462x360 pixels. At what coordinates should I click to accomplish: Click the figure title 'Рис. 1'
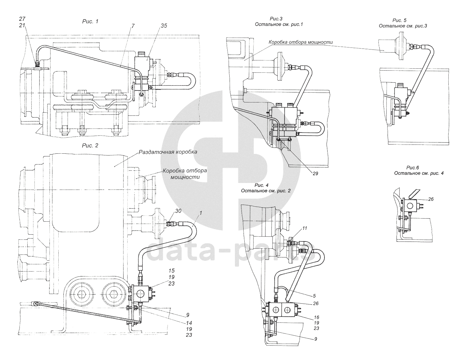[90, 22]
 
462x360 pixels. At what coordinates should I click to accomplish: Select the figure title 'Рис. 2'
[90, 146]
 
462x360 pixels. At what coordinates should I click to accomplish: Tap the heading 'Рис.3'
[276, 19]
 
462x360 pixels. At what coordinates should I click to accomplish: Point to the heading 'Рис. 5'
[399, 20]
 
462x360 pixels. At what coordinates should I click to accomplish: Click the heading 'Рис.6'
[413, 168]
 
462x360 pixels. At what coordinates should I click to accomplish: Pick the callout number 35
[164, 26]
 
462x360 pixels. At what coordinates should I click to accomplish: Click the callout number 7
[133, 26]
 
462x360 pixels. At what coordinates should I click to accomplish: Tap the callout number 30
[178, 211]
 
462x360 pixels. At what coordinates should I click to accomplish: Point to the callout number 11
[304, 228]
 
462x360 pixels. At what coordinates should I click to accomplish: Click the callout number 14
[189, 323]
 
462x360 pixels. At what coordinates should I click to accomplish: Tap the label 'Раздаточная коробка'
[168, 152]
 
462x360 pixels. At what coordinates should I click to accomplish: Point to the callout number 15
[171, 271]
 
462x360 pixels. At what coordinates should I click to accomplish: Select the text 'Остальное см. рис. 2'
[265, 191]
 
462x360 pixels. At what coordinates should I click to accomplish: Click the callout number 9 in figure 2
[187, 315]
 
